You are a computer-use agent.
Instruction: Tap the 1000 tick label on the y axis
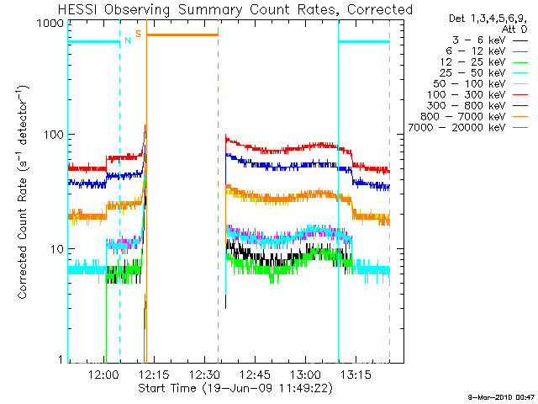51,24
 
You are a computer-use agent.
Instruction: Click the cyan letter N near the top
127,40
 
